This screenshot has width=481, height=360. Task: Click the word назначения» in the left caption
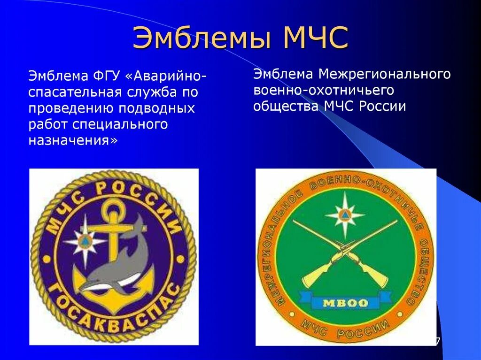[x=73, y=140]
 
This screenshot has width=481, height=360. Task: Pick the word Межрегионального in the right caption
[x=384, y=74]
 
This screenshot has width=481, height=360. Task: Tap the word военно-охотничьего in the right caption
[x=323, y=90]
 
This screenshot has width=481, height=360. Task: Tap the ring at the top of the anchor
[x=112, y=207]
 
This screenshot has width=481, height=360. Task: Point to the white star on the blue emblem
[x=84, y=241]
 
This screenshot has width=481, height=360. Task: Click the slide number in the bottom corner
[x=437, y=341]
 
